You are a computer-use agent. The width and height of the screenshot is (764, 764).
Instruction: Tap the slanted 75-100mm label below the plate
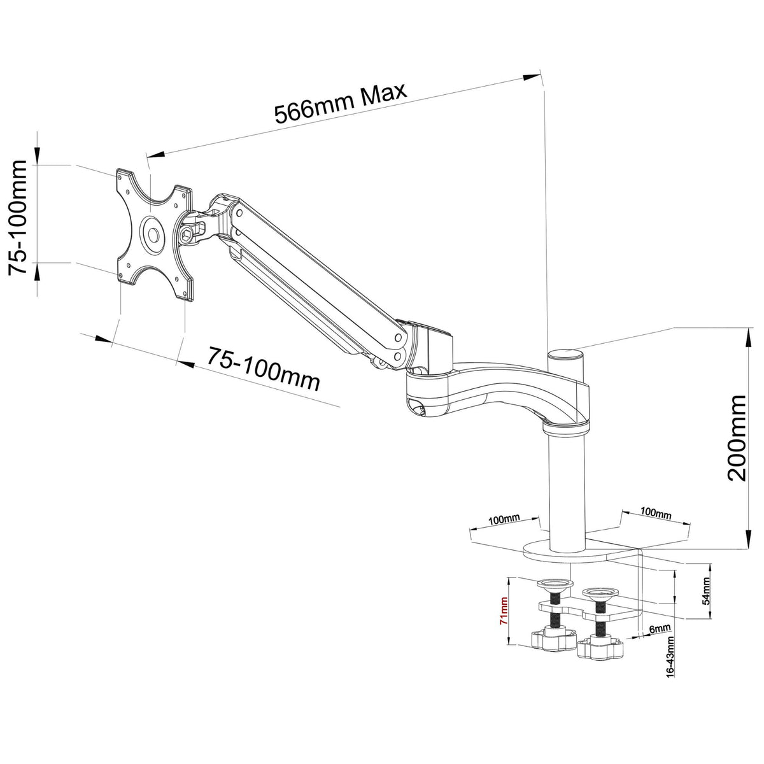click(262, 369)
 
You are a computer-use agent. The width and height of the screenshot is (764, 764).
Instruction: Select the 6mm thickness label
click(660, 629)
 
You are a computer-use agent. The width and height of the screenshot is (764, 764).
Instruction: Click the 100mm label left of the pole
click(504, 520)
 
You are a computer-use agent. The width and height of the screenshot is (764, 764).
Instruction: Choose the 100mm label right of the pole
click(655, 513)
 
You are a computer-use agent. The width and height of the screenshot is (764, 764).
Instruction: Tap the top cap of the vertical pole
click(565, 353)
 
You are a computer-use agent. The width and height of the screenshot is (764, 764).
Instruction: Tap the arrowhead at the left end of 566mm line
click(155, 154)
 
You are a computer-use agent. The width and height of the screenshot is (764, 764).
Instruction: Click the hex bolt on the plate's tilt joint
click(188, 236)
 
